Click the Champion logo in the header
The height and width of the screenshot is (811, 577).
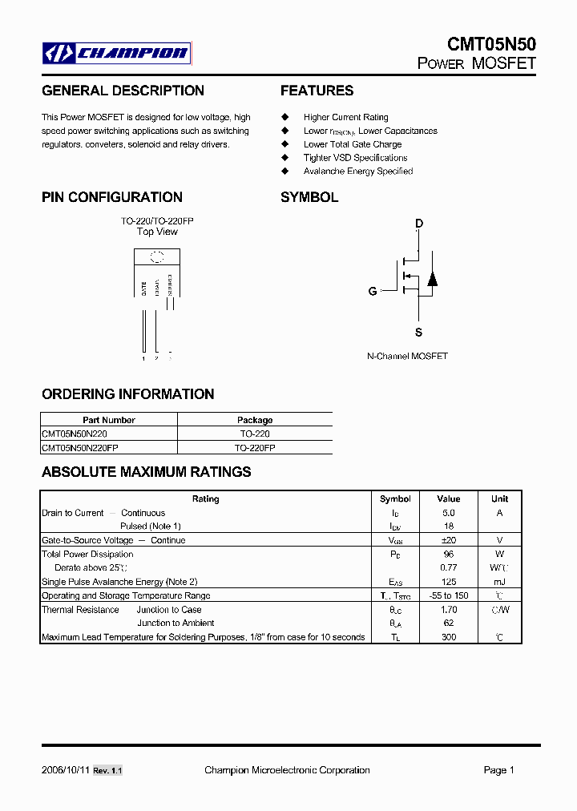tap(117, 54)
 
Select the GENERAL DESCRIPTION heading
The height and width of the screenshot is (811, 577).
tap(123, 91)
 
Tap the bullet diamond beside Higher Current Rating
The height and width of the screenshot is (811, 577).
tap(284, 117)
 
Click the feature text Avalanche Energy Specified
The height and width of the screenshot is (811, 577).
tap(358, 171)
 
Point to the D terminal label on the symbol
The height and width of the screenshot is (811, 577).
tap(419, 224)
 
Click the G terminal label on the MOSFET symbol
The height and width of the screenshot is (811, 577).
tap(373, 292)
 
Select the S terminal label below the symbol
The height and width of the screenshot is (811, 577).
tap(418, 332)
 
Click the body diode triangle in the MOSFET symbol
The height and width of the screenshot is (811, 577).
tap(432, 279)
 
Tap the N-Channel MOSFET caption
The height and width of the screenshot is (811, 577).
tap(407, 356)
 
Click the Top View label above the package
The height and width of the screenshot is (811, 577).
tap(157, 232)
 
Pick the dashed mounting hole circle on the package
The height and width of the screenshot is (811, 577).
tap(158, 256)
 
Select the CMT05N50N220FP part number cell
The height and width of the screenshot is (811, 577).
tap(79, 447)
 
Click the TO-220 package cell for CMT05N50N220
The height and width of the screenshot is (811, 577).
tap(255, 433)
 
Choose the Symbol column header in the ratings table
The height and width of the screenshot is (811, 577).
tap(395, 498)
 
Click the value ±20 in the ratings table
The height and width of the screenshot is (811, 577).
tap(448, 540)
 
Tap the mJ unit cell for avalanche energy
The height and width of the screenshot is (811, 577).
tap(499, 582)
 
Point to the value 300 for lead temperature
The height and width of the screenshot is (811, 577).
tap(449, 637)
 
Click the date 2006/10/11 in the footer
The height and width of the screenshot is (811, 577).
tap(66, 770)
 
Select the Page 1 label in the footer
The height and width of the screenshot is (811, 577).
tap(498, 770)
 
